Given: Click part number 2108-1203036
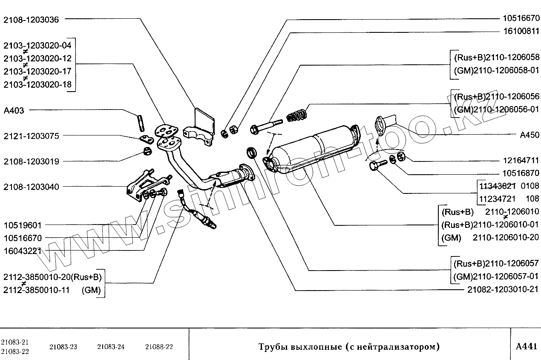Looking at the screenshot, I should tap(32, 19).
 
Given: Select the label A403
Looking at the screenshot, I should tap(14, 110).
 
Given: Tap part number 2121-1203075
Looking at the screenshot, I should tap(32, 136).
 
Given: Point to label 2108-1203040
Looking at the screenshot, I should tap(32, 187).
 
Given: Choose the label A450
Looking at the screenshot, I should tap(529, 135).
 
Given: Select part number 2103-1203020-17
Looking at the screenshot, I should tap(37, 72).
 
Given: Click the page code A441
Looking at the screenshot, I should tap(526, 346).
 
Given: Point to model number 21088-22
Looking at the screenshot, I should tap(159, 346).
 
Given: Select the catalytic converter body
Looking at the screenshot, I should tap(315, 147).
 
